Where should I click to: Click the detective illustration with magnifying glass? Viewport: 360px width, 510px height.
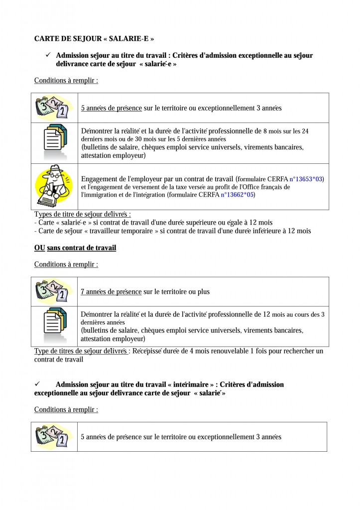click(53, 186)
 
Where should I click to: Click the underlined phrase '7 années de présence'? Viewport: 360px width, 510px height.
click(111, 292)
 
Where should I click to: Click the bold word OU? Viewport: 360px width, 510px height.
click(39, 248)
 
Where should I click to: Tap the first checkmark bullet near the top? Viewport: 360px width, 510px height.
click(48, 55)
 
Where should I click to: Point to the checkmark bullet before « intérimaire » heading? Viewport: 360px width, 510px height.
click(37, 384)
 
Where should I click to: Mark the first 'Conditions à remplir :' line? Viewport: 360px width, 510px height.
click(66, 80)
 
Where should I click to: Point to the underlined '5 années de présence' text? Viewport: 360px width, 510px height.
click(111, 108)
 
